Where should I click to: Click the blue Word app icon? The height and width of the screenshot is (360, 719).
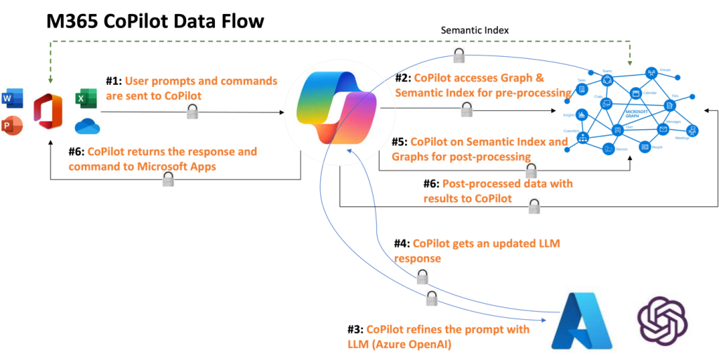click(x=12, y=99)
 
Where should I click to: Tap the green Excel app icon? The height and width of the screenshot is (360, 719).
click(x=84, y=99)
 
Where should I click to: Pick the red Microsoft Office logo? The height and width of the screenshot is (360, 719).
click(x=48, y=111)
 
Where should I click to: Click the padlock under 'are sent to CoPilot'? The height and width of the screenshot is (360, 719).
click(x=192, y=111)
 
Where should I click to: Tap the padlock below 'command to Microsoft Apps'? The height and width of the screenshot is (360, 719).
click(x=168, y=178)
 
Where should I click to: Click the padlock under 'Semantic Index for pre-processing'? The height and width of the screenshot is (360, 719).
click(x=466, y=109)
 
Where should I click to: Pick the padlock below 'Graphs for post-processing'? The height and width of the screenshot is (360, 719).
click(x=532, y=170)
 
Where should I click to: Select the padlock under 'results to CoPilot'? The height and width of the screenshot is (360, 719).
click(x=534, y=206)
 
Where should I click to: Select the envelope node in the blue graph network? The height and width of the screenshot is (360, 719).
click(x=662, y=130)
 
